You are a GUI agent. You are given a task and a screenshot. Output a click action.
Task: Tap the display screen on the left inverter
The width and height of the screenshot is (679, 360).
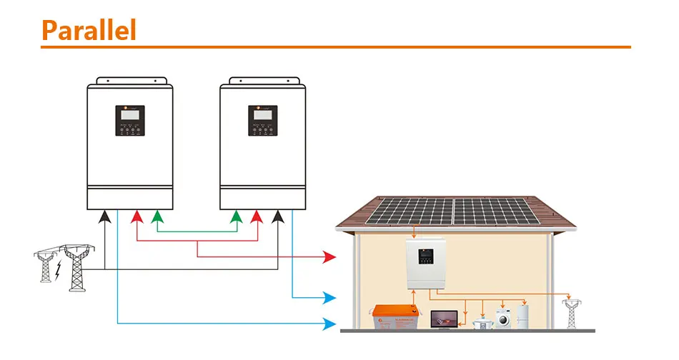(130, 119)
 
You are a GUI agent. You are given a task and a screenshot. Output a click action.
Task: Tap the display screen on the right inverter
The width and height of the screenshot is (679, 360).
(262, 119)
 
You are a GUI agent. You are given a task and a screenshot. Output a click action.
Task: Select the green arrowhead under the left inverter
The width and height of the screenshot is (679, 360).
(157, 216)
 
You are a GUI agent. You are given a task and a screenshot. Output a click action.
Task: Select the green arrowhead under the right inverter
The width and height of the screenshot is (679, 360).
(234, 216)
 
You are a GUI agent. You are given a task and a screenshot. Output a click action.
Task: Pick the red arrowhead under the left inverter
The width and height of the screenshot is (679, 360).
(136, 216)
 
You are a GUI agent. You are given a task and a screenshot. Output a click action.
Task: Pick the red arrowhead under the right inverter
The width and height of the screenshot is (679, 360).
(255, 216)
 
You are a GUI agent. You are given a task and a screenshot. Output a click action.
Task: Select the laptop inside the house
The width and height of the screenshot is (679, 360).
(443, 319)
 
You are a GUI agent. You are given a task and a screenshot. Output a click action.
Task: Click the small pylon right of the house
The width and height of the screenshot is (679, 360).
(570, 313)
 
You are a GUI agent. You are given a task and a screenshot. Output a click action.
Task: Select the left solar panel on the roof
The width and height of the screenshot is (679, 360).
(409, 210)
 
